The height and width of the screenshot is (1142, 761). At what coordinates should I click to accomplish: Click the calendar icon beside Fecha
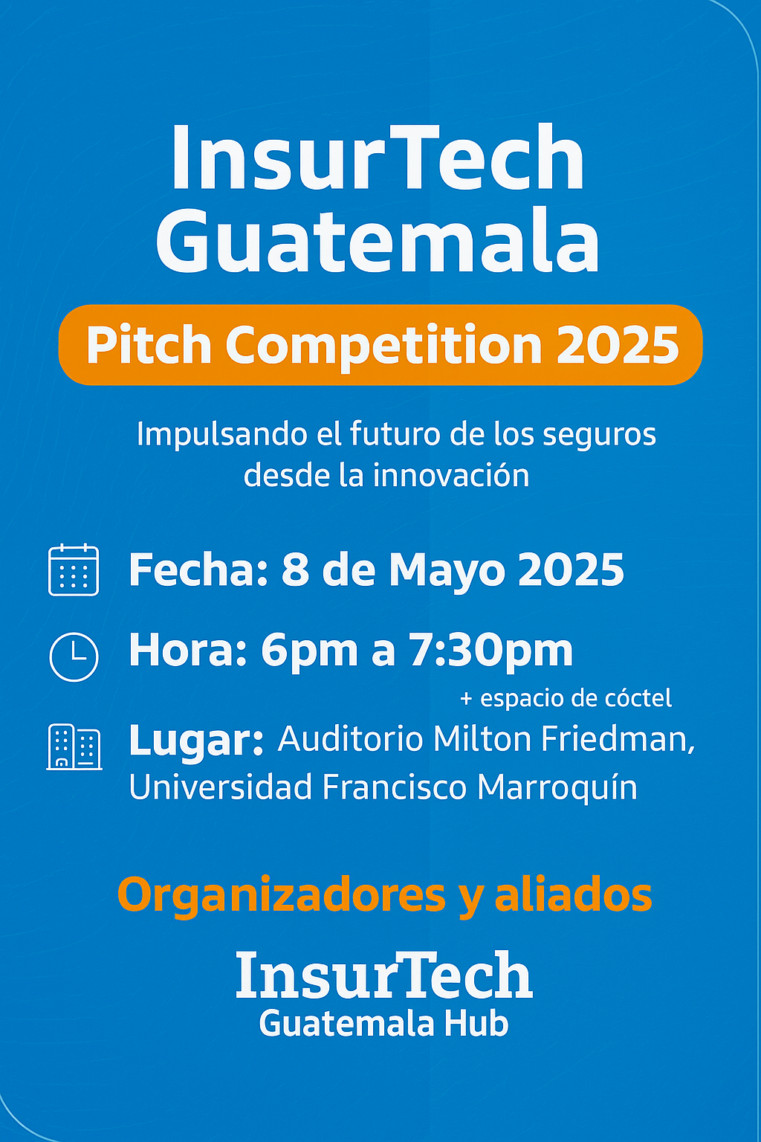[x=74, y=570]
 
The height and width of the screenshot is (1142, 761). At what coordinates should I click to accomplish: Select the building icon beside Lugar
[x=74, y=746]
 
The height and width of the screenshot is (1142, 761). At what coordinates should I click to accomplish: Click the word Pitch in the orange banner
[x=149, y=346]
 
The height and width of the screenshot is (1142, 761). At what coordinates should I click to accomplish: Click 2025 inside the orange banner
[x=618, y=346]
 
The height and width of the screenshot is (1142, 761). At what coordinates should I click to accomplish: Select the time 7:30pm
[x=491, y=652]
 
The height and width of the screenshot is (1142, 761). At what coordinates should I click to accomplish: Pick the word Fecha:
[x=198, y=570]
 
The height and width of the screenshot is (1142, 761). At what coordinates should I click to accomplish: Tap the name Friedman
[x=618, y=739]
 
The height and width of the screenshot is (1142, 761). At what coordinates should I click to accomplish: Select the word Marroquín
[x=557, y=787]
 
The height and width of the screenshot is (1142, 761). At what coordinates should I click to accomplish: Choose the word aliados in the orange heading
[x=574, y=894]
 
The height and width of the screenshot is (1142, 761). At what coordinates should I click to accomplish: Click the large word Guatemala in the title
[x=378, y=240]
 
